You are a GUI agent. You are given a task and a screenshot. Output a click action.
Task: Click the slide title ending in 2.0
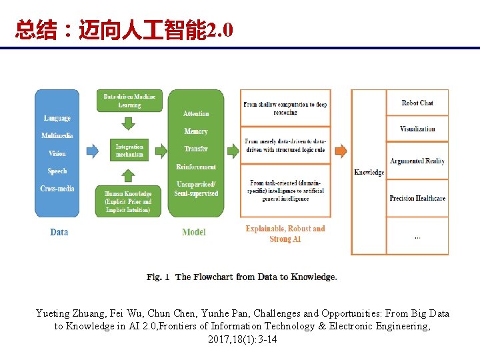(x=124, y=30)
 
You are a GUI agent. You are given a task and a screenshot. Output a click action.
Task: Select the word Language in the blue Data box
(x=57, y=118)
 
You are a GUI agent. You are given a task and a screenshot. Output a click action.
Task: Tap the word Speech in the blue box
(x=57, y=171)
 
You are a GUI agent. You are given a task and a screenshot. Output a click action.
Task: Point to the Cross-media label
(x=57, y=189)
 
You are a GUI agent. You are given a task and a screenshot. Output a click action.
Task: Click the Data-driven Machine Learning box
(x=129, y=101)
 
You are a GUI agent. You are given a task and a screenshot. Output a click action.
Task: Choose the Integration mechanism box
(x=129, y=151)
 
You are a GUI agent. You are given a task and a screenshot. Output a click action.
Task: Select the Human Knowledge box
(x=128, y=201)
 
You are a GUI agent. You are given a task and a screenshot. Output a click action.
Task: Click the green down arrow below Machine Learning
(x=129, y=123)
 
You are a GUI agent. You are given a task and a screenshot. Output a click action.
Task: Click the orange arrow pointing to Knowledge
(x=340, y=151)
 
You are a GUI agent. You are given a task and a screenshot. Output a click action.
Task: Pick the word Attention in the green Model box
(x=196, y=114)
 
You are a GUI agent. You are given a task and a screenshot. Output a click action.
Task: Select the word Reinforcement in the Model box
(x=196, y=167)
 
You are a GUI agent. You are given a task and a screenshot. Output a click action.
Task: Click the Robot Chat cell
(x=417, y=103)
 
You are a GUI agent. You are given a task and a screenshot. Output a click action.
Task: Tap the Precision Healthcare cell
(x=417, y=198)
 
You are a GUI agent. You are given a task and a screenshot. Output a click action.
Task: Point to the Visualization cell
(x=417, y=129)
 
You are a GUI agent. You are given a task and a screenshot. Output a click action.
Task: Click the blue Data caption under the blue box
(x=59, y=232)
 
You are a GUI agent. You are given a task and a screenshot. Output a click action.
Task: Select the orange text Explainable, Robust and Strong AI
(x=285, y=233)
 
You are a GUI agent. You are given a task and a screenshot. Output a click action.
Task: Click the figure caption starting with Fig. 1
(x=242, y=277)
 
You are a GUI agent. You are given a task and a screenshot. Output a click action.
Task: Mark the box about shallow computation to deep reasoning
(x=285, y=108)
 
